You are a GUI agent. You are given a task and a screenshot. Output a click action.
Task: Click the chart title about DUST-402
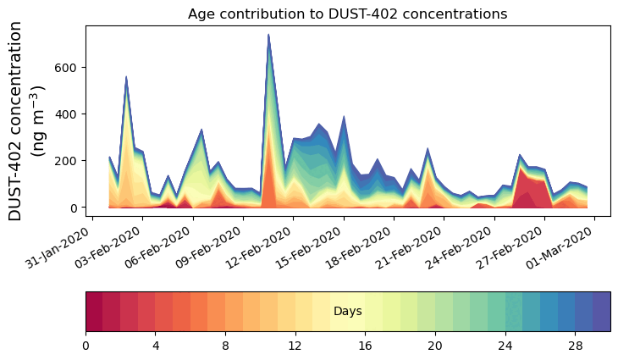click(347, 14)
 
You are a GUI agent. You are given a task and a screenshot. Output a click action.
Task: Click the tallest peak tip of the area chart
click(268, 35)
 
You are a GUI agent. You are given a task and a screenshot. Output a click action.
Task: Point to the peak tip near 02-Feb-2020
click(126, 76)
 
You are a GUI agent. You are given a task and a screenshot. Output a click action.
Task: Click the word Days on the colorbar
click(348, 312)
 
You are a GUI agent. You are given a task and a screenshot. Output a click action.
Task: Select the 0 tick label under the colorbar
click(86, 346)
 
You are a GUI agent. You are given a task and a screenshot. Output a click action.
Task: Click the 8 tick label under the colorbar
click(225, 346)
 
